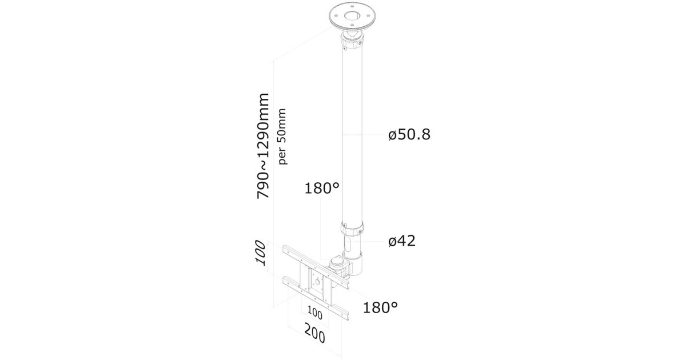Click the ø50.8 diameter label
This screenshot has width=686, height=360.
(x=409, y=134)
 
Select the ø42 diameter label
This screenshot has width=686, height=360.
(x=402, y=241)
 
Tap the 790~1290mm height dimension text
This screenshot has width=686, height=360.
(x=263, y=146)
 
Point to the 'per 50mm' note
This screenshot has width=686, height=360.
(x=282, y=137)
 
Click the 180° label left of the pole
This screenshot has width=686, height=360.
(x=322, y=188)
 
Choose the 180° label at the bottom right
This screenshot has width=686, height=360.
(x=380, y=307)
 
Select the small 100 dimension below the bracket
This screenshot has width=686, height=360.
(x=314, y=313)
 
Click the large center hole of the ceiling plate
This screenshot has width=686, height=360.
(x=352, y=15)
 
